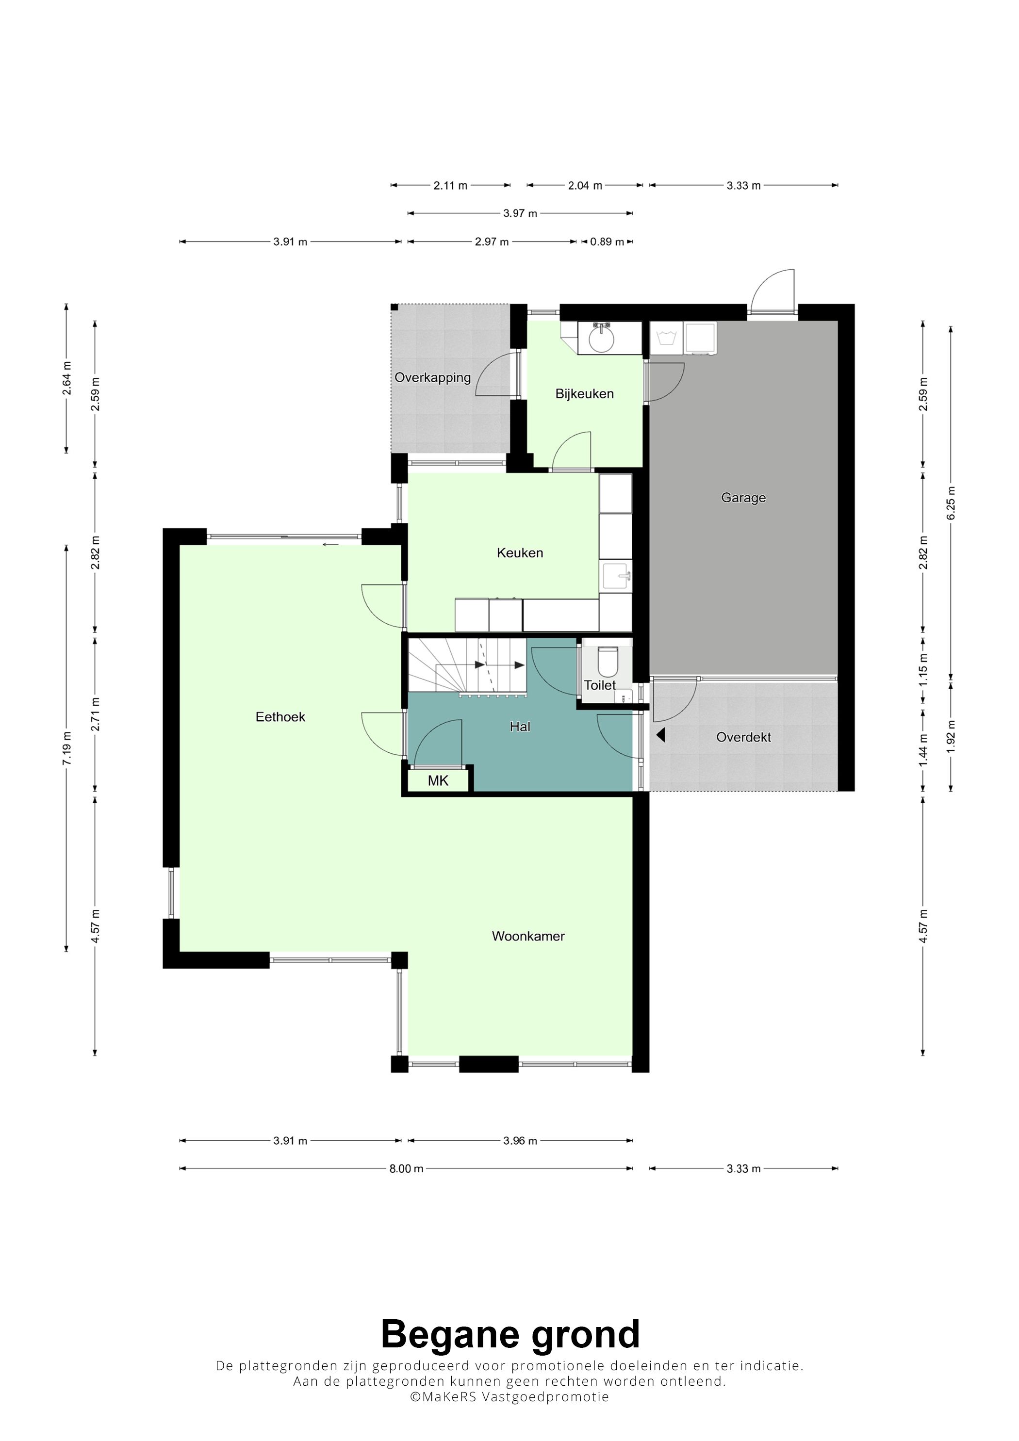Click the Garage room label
coord(743,498)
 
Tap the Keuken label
coord(520,553)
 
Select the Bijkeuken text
coord(585,394)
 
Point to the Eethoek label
coord(280,717)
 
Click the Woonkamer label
coord(528,937)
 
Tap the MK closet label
coord(438,781)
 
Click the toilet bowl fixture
coord(608,662)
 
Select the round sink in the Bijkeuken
coord(602,339)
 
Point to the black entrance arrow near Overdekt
coord(660,735)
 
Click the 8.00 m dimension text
coord(406,1168)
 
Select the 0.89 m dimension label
coord(607,242)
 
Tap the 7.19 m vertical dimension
coord(66,748)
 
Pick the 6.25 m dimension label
coord(951,502)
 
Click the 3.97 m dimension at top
coord(520,213)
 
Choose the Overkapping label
coord(432,378)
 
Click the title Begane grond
coord(510,1334)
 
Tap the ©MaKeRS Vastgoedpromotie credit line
coord(509,1397)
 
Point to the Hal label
coord(520,727)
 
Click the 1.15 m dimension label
coord(923,670)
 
